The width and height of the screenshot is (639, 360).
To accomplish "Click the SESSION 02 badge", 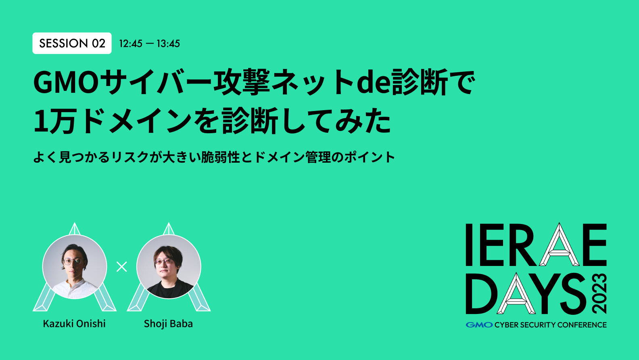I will point(72,43).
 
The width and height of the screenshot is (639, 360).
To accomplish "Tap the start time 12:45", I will point(131,44).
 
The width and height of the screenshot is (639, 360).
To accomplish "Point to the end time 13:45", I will point(168,44).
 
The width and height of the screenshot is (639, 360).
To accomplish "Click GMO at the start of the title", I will point(66,82).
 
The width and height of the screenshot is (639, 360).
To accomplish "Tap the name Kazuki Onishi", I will point(74,324).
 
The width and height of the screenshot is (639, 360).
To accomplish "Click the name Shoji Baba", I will point(168,324).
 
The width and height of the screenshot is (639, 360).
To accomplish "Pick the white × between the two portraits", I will point(121,267).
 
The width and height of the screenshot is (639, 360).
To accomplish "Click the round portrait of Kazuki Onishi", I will point(75,267).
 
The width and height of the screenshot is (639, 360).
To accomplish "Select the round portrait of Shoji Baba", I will point(169,267).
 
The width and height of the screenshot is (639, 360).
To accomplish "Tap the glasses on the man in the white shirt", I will point(73,261).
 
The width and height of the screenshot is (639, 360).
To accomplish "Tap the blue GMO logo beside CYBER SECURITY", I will point(479,325).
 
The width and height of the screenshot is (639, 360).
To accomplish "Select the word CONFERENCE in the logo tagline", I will point(583,325).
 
